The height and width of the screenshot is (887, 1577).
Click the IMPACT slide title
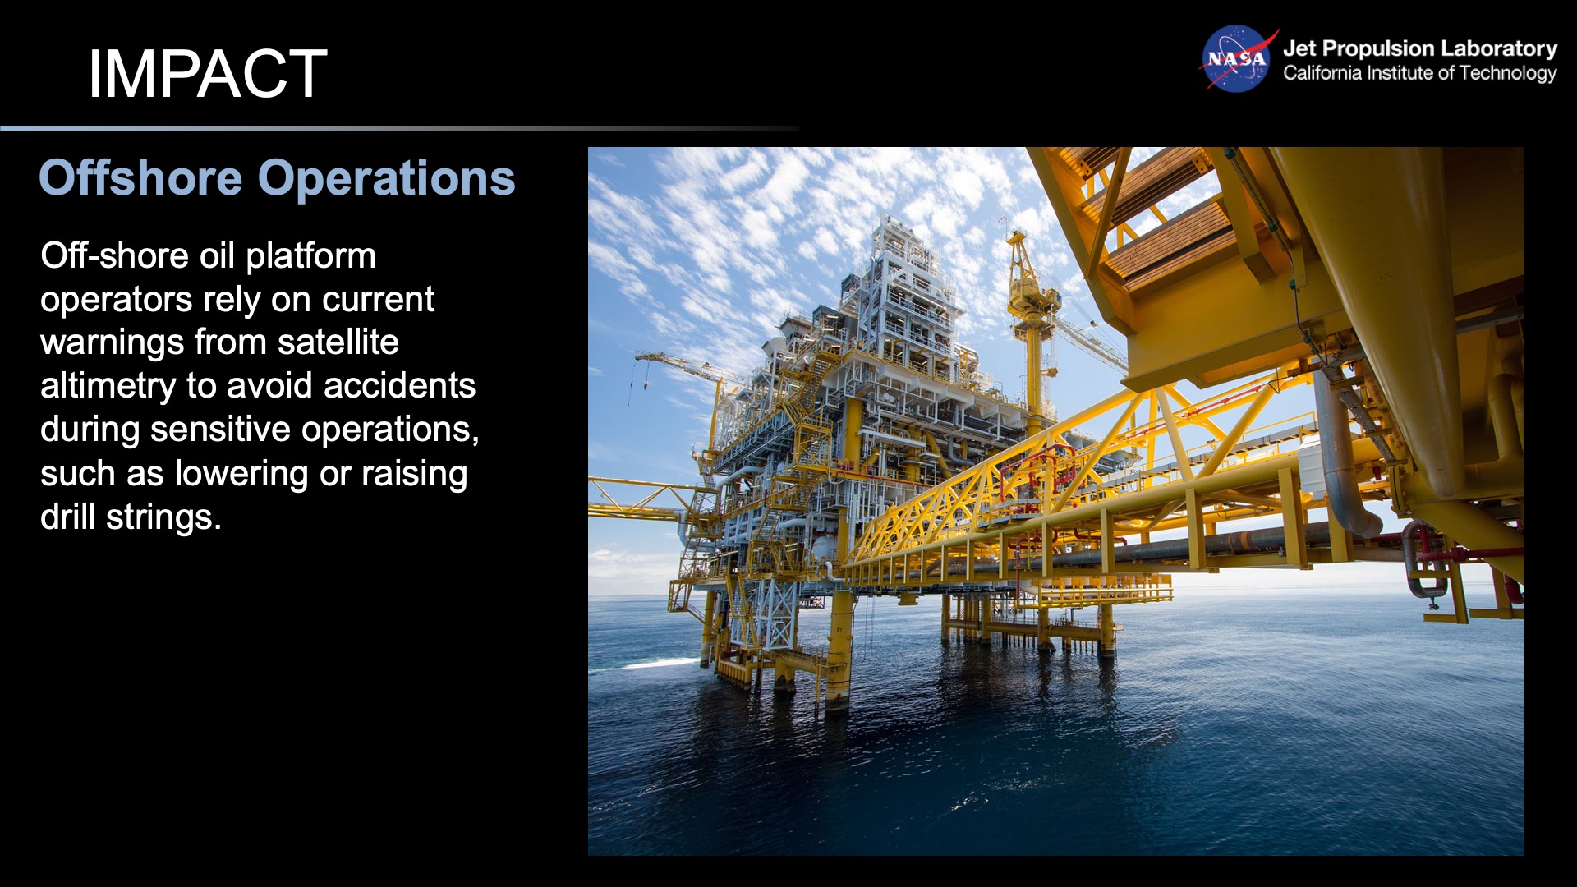tap(207, 74)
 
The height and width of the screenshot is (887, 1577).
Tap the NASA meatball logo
tap(1235, 59)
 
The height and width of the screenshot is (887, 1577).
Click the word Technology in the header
tap(1507, 73)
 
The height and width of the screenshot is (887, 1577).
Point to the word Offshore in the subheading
tap(140, 178)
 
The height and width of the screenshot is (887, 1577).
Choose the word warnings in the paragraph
tap(112, 342)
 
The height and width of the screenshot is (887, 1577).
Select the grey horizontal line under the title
tap(399, 128)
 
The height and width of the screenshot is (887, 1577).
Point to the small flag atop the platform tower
tap(1003, 219)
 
